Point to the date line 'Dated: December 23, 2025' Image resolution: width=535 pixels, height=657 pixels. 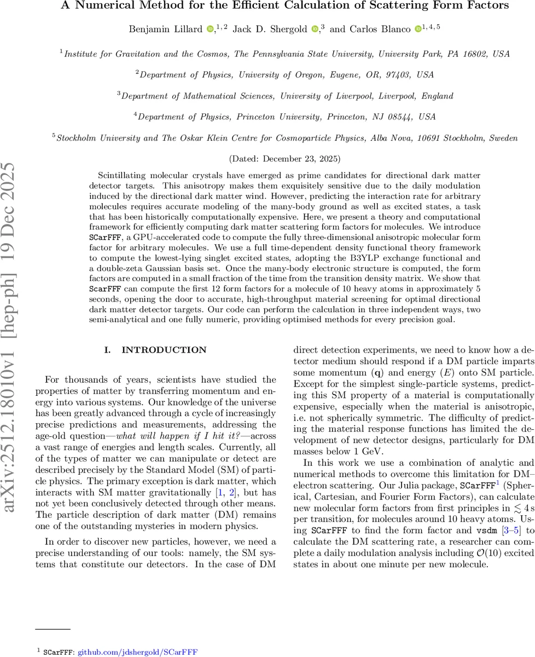point(284,159)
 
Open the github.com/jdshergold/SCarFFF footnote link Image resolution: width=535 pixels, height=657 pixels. point(137,652)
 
